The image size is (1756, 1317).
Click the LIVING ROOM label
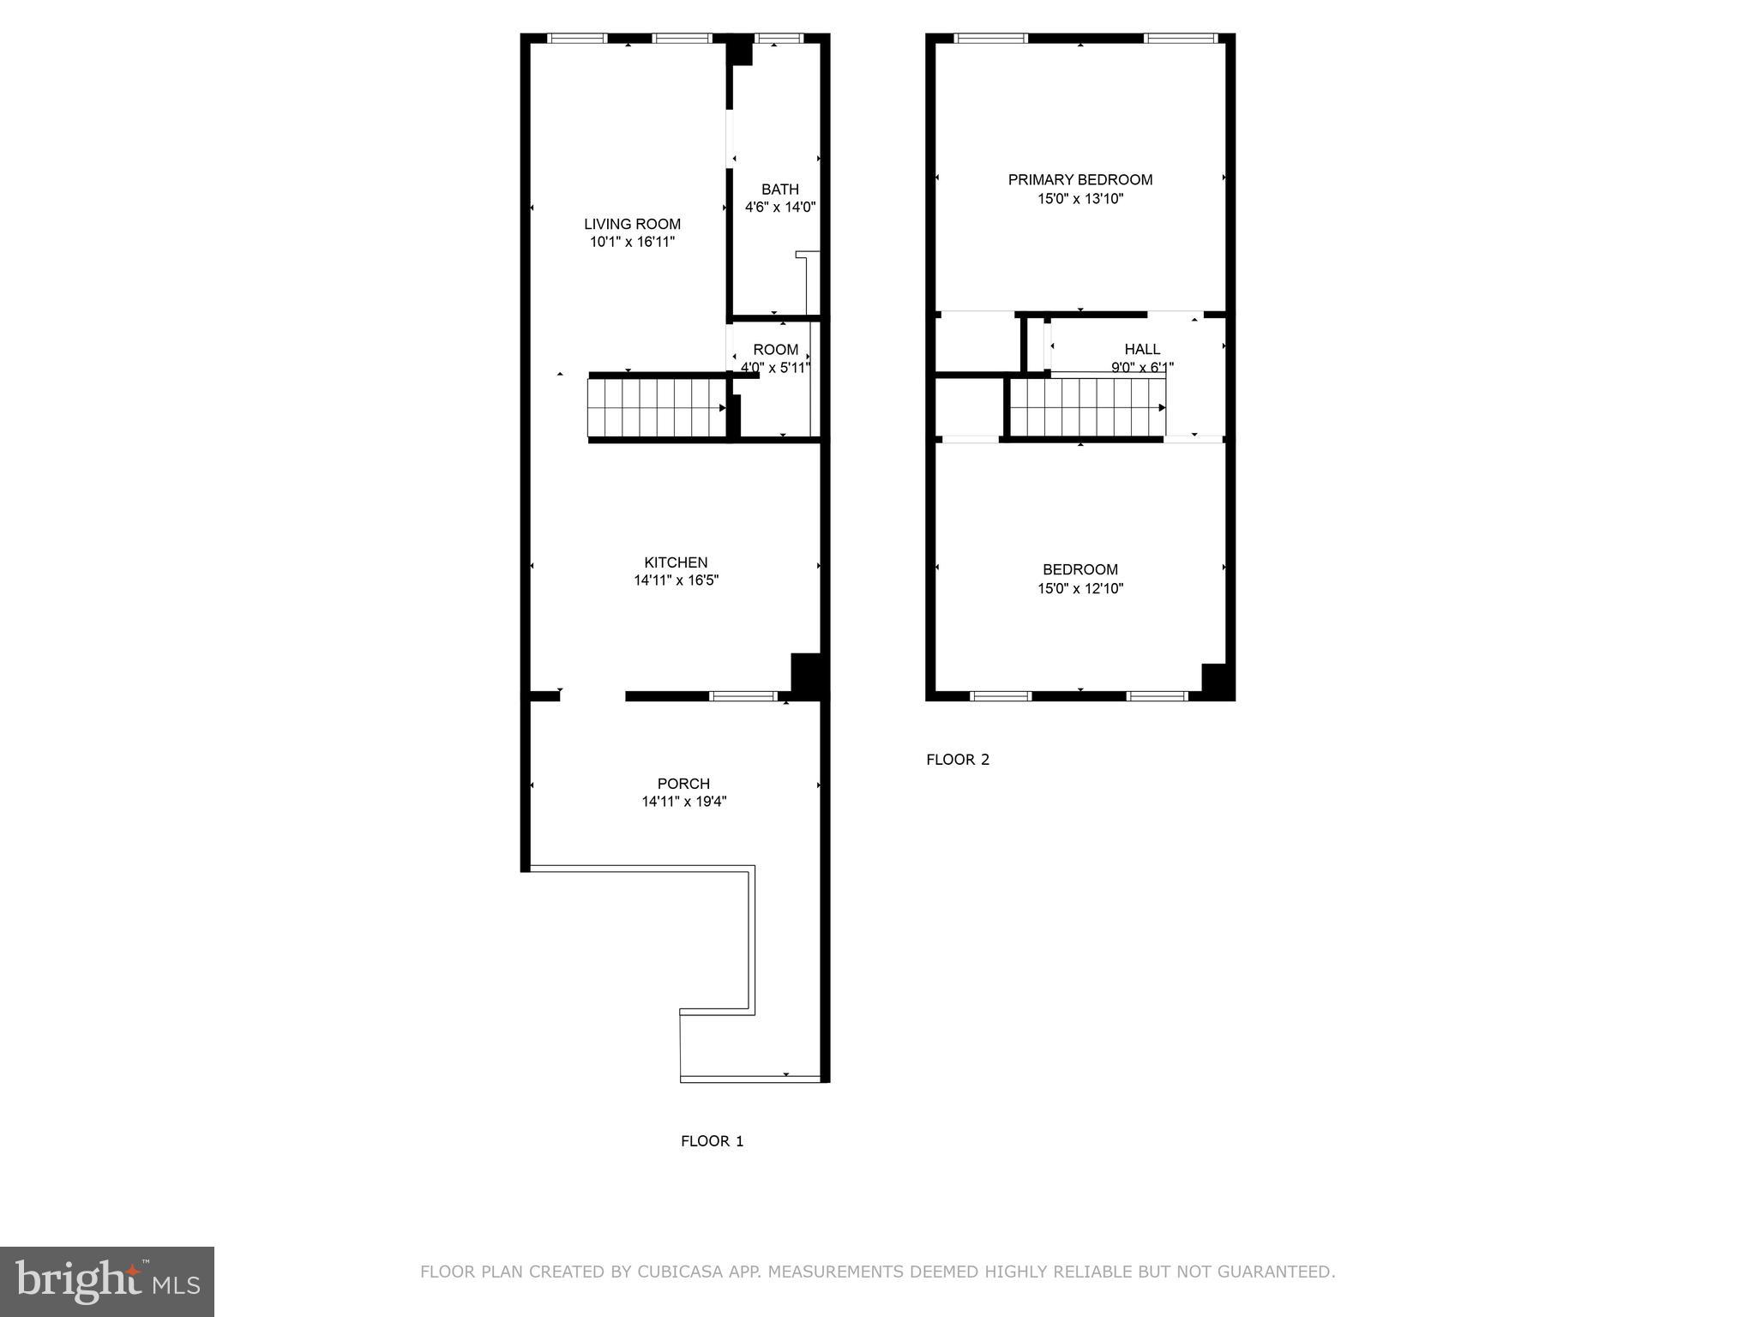pos(632,224)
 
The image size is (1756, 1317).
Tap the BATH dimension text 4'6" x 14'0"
pos(779,207)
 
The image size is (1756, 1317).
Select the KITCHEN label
pos(676,562)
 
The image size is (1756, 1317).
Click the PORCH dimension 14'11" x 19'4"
pos(683,802)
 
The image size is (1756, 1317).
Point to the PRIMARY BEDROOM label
pos(1079,179)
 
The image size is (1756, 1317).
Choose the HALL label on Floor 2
pos(1142,349)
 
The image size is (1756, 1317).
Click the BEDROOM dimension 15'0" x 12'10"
pos(1079,588)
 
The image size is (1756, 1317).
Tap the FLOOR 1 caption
pos(712,1141)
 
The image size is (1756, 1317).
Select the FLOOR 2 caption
pos(958,760)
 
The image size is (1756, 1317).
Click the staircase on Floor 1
pos(657,407)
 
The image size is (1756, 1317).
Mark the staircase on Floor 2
pos(1087,407)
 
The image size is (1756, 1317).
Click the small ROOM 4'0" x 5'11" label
pos(775,350)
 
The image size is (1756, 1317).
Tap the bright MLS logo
pos(107,1281)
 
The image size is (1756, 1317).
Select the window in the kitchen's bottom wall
pos(743,696)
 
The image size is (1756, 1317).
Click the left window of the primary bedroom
pos(990,39)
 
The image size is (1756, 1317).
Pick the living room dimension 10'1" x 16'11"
pos(632,242)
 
